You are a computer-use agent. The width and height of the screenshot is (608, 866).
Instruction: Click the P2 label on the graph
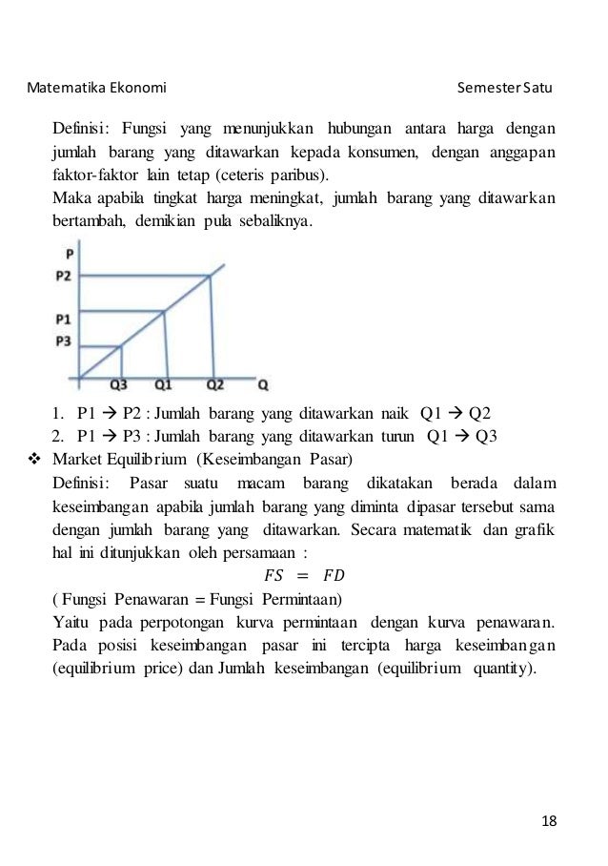tap(63, 277)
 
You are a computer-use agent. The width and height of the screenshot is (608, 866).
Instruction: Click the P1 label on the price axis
tap(63, 319)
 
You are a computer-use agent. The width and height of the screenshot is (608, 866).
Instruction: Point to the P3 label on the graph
tap(63, 340)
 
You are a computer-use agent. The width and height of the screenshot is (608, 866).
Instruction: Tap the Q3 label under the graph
tap(121, 385)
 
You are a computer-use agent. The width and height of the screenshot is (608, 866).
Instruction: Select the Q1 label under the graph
tap(164, 385)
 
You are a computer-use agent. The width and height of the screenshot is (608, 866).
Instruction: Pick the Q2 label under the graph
tap(215, 385)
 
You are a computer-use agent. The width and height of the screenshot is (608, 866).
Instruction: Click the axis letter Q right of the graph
tap(263, 385)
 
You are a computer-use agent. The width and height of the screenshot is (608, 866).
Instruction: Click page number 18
tap(548, 821)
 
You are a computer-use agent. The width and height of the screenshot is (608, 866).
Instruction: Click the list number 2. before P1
tap(59, 437)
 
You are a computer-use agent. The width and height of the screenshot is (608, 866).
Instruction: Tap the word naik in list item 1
tap(391, 415)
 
